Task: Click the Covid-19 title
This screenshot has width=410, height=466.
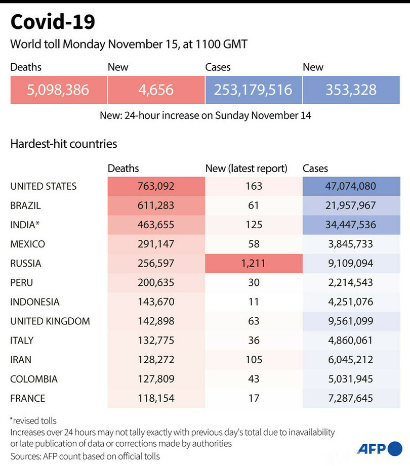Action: (52, 22)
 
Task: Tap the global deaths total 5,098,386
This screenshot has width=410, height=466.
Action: (58, 90)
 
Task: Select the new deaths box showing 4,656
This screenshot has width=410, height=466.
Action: (155, 90)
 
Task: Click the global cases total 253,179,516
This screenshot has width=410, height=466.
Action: (253, 90)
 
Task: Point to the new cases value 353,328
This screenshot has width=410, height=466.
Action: (351, 90)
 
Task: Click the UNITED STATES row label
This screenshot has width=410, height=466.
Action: (44, 186)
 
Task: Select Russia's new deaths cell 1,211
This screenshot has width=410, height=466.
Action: (254, 263)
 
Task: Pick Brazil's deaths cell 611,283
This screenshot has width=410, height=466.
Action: (156, 205)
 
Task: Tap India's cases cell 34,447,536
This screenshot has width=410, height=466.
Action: (351, 225)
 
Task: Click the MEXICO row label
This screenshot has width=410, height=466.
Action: (28, 244)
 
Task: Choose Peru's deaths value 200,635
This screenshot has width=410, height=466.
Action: (156, 282)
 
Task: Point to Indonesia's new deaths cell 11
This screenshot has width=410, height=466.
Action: (254, 302)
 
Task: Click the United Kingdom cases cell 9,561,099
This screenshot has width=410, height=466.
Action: (351, 321)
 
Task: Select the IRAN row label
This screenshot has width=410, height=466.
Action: (21, 360)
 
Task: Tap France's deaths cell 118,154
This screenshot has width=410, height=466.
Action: (156, 398)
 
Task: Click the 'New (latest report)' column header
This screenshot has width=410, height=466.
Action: (246, 168)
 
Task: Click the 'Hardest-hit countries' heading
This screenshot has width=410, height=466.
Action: (64, 144)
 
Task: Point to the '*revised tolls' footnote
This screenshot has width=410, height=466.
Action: (33, 420)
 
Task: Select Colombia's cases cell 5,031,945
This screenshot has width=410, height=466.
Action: (351, 379)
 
